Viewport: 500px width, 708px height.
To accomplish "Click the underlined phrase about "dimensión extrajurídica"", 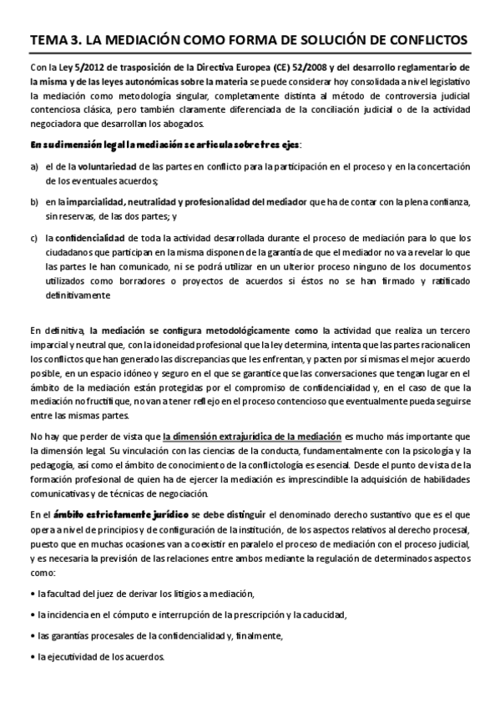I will pyautogui.click(x=252, y=435).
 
